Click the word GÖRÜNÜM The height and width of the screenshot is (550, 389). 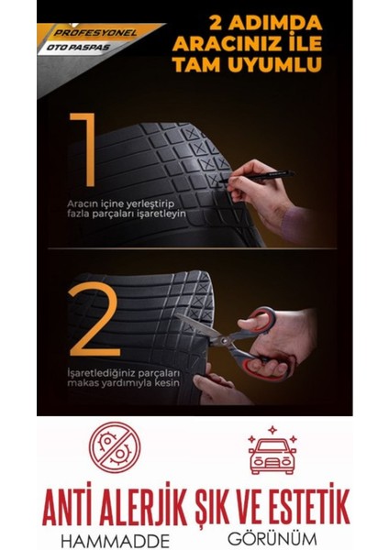[x=272, y=530]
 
